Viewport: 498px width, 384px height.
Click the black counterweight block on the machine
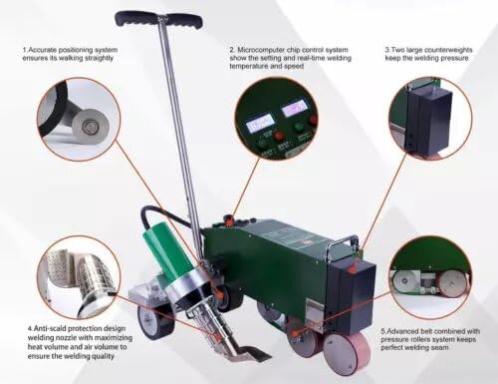355,289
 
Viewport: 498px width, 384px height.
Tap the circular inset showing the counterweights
429,117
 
